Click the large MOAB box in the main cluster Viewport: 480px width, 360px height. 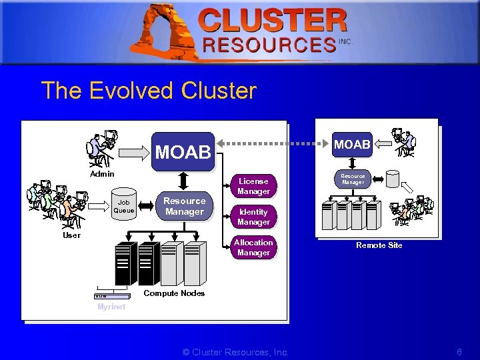tap(183, 151)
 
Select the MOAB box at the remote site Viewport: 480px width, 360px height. tap(353, 145)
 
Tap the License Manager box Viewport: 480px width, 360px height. tap(253, 186)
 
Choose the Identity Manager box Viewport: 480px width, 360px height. tap(253, 217)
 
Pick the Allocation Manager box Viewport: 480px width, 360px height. tap(253, 247)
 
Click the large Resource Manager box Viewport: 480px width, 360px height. tap(184, 206)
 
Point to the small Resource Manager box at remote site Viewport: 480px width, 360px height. tap(353, 179)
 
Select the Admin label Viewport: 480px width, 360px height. tap(102, 174)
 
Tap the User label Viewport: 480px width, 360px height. tap(71, 235)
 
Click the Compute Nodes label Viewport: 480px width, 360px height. tap(174, 293)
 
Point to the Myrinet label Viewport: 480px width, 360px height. tap(111, 307)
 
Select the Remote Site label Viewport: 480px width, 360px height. tap(379, 245)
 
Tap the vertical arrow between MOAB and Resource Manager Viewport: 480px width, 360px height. tap(184, 179)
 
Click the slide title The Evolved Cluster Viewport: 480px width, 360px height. tap(148, 91)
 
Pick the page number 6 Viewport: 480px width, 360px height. tap(459, 352)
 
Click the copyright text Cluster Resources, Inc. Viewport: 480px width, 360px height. tap(235, 352)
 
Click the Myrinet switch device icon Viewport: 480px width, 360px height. tap(111, 296)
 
